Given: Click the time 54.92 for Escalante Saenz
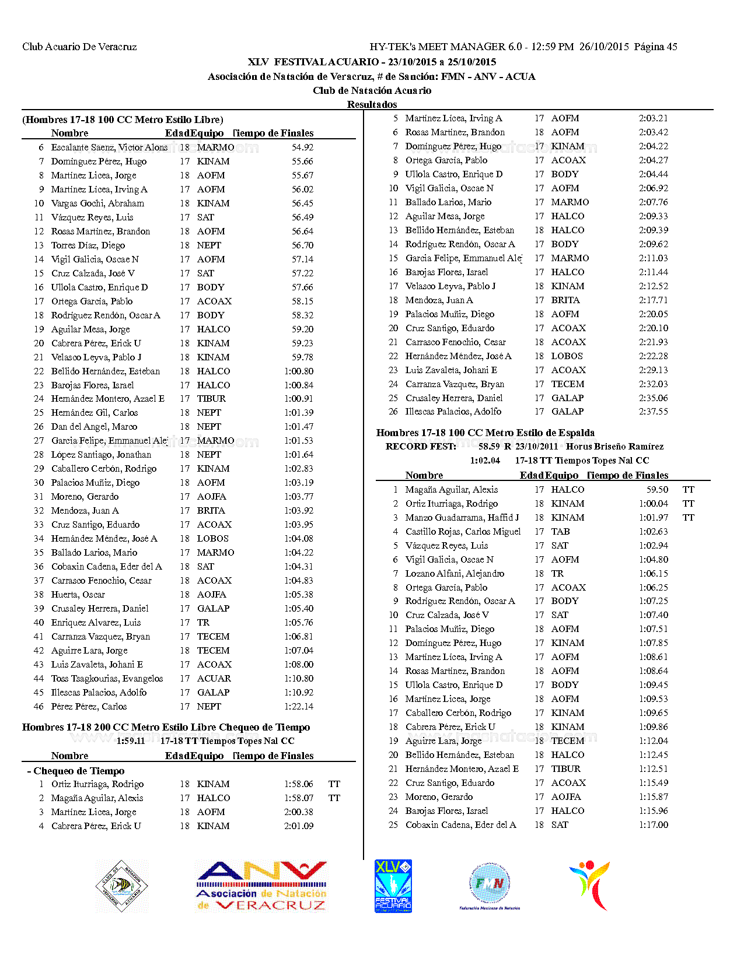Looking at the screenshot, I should point(302,148).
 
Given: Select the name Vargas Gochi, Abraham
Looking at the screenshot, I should point(97,203).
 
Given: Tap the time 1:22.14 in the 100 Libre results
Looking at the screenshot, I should point(299,707).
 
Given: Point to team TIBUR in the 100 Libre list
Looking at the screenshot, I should point(211,399).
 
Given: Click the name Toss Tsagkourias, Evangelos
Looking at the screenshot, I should point(107,679).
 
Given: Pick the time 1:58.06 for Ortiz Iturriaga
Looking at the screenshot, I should point(299,784).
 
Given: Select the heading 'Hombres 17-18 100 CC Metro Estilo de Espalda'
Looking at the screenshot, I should point(485,433).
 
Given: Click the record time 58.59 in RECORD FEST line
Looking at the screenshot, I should point(489,447).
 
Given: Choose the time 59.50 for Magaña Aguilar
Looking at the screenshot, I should point(657,490).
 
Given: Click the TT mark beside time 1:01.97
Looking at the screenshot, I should point(689,518).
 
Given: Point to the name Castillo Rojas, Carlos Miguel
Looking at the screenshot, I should point(463,532).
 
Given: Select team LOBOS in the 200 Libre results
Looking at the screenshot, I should point(567,356).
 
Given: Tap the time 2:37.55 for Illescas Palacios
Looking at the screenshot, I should point(654,412).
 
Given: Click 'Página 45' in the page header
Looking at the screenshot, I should point(656,47).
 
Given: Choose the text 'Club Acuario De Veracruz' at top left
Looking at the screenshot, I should point(79,47).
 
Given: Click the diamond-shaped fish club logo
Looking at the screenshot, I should point(121,886).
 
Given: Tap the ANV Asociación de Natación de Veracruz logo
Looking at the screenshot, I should point(261,886).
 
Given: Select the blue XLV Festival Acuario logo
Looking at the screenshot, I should point(393,886).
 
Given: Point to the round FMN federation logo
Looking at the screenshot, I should point(490,885).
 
